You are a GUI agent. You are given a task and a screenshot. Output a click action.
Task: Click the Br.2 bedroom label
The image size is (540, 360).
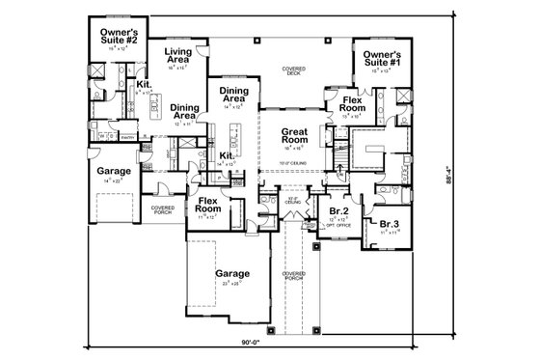pyautogui.click(x=337, y=210)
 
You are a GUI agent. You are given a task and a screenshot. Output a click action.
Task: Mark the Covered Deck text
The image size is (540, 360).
pyautogui.click(x=293, y=72)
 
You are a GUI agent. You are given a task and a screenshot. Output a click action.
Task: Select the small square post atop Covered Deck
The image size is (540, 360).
pyautogui.click(x=258, y=42)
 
